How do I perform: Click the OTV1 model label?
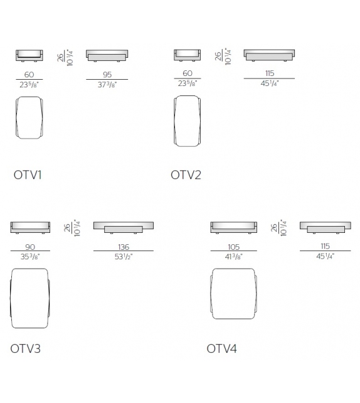click(x=28, y=175)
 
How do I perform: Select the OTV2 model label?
click(x=186, y=175)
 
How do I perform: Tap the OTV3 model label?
click(x=26, y=349)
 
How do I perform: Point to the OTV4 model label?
click(x=222, y=349)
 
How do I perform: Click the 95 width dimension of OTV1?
click(x=107, y=75)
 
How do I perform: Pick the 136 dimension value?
click(x=124, y=247)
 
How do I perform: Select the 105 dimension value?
click(x=234, y=247)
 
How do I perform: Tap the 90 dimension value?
click(x=30, y=247)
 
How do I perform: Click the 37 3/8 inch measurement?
click(x=107, y=85)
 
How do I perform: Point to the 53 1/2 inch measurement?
click(x=124, y=257)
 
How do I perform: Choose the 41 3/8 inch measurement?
click(x=234, y=257)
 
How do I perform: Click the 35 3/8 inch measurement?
click(x=30, y=257)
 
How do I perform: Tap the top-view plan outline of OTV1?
click(x=16, y=118)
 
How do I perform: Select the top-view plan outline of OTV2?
click(x=174, y=121)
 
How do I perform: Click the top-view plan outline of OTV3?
click(x=11, y=298)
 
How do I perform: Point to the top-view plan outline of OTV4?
click(x=211, y=294)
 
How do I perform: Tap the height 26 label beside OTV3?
click(x=67, y=228)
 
